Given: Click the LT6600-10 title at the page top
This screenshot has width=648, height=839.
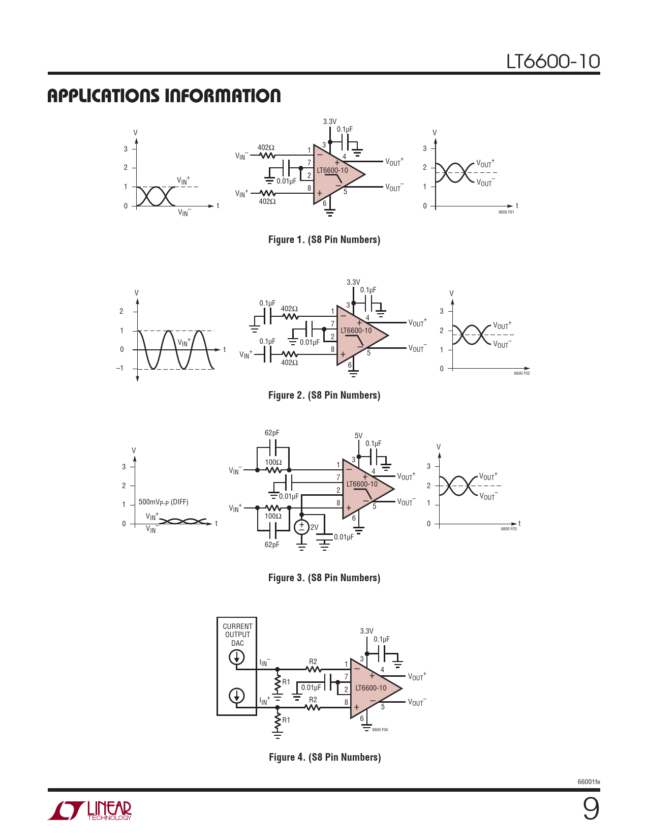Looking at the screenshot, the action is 552,62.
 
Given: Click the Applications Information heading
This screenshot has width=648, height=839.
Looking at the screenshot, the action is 164,96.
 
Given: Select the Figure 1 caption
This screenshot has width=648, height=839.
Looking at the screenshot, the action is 324,240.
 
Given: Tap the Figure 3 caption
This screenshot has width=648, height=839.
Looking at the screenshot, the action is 324,578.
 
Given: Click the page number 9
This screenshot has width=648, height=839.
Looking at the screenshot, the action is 591,809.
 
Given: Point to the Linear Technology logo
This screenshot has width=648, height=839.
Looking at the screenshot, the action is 89,811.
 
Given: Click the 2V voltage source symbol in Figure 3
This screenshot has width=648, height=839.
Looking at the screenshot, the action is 301,527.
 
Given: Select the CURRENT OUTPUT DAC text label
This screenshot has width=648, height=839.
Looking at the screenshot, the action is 237,635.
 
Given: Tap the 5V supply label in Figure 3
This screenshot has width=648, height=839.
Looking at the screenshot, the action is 358,436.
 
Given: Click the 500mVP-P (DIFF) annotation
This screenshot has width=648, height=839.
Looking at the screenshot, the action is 164,502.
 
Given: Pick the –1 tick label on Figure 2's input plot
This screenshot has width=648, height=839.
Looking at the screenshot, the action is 120,368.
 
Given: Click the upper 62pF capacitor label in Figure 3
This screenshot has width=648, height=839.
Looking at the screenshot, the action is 272,433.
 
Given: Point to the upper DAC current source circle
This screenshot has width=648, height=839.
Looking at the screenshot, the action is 237,657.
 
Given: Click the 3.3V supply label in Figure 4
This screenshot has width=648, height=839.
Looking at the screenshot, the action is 366,631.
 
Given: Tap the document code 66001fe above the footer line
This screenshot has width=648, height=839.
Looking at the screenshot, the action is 589,782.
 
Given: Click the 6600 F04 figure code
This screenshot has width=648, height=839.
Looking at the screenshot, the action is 380,730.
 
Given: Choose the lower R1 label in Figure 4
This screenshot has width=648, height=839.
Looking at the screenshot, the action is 286,720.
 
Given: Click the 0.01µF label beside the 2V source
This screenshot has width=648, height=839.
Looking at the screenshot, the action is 344,536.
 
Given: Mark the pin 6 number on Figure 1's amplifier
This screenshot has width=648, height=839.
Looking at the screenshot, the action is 325,203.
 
